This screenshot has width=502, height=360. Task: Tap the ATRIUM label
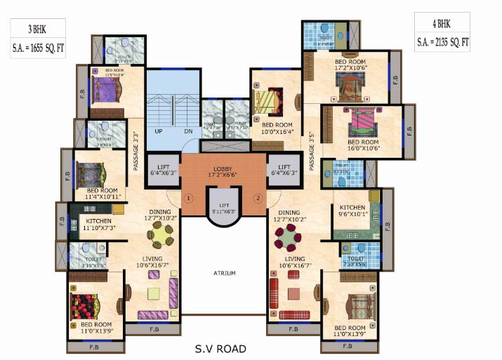tap(225, 273)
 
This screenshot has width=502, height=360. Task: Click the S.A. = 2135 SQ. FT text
tap(442, 42)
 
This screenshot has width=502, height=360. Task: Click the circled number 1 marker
tap(188, 198)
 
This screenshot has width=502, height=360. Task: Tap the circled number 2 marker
tap(258, 198)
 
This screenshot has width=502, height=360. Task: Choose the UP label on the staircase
tap(159, 132)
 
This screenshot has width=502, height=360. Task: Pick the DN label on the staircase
tap(188, 132)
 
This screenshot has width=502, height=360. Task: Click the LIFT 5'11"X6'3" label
tap(224, 208)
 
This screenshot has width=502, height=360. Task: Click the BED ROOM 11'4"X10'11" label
tap(103, 193)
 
